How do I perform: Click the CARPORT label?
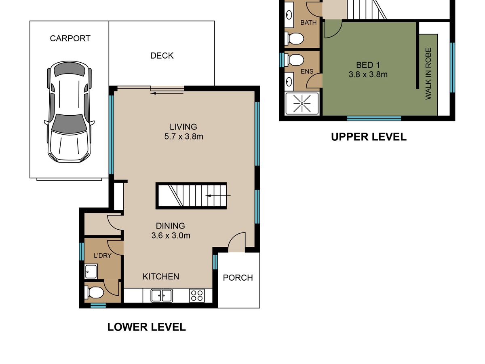tap(70, 38)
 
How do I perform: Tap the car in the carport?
tap(69, 112)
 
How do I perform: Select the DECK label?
tap(162, 56)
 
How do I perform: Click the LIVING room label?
tap(183, 127)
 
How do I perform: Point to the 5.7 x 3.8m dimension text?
tap(183, 137)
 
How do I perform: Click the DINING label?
tap(171, 226)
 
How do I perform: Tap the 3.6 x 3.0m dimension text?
tap(171, 236)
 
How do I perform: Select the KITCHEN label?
tap(160, 277)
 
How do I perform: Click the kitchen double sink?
tap(162, 296)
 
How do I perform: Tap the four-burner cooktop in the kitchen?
tap(197, 296)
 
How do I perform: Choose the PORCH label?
tap(238, 278)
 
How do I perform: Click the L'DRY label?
tap(103, 256)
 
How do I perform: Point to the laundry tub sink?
tap(91, 271)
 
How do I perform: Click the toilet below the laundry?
tap(94, 292)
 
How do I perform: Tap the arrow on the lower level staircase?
tap(218, 196)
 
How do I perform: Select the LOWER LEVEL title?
tap(146, 327)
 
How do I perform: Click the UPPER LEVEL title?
tap(369, 137)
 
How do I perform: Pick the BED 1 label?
tap(368, 65)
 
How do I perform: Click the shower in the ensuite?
tap(302, 104)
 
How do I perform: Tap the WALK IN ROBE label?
tap(428, 74)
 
